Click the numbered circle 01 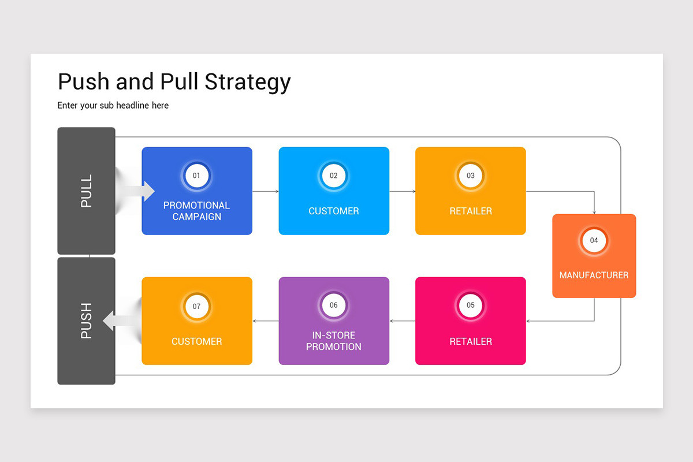click(x=196, y=175)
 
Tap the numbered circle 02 click(x=334, y=175)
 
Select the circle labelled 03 click(x=471, y=175)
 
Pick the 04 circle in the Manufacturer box click(x=594, y=240)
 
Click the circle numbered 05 click(x=471, y=305)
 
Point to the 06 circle click(x=334, y=305)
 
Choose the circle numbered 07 click(x=196, y=305)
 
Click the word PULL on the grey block click(x=86, y=191)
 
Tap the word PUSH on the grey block click(x=86, y=321)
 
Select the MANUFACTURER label click(x=594, y=275)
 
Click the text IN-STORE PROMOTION click(x=334, y=341)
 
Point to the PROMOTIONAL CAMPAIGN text click(x=196, y=211)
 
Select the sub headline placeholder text click(x=113, y=105)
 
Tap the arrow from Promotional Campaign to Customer click(x=266, y=191)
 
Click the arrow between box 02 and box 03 click(x=403, y=191)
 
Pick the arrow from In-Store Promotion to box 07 click(x=266, y=321)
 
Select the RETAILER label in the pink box click(x=471, y=341)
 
